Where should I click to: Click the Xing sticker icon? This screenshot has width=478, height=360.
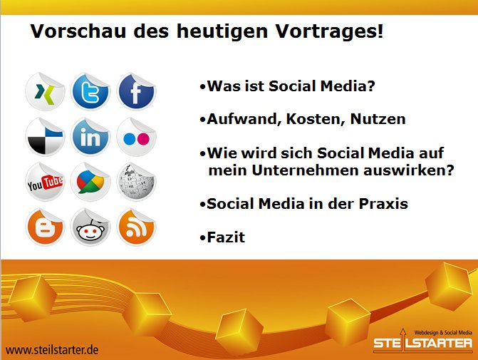pyautogui.click(x=45, y=91)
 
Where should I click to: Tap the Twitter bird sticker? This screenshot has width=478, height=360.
pyautogui.click(x=90, y=91)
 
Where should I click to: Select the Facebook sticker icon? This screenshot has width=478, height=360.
pyautogui.click(x=136, y=91)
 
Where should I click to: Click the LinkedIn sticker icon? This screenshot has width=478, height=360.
pyautogui.click(x=90, y=137)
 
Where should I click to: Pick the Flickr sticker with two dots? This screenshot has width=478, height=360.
pyautogui.click(x=136, y=137)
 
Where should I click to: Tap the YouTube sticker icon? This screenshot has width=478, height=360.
pyautogui.click(x=45, y=182)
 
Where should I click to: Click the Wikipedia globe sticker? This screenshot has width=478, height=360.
pyautogui.click(x=136, y=182)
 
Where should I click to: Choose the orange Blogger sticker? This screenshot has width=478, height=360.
pyautogui.click(x=45, y=227)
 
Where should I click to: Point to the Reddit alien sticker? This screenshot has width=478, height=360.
pyautogui.click(x=90, y=227)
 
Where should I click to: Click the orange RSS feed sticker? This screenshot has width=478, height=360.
pyautogui.click(x=136, y=227)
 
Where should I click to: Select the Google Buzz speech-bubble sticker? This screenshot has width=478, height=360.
pyautogui.click(x=90, y=182)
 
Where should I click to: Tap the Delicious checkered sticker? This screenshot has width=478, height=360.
pyautogui.click(x=45, y=137)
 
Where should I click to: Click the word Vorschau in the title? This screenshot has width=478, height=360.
pyautogui.click(x=78, y=31)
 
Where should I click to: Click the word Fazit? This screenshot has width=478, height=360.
pyautogui.click(x=226, y=237)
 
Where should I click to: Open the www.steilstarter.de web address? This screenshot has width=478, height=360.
pyautogui.click(x=52, y=350)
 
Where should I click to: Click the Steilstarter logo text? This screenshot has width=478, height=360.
pyautogui.click(x=423, y=343)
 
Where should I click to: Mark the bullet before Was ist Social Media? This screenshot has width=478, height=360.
pyautogui.click(x=203, y=87)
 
